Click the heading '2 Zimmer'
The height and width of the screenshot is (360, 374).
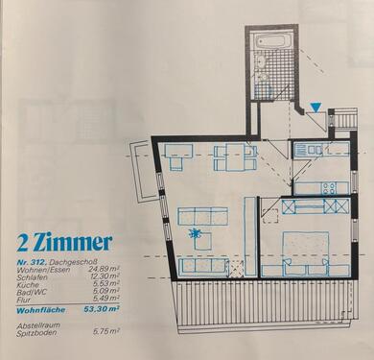click(64, 241)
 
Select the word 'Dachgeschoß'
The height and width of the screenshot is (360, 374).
click(75, 261)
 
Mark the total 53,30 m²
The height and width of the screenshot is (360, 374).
click(103, 310)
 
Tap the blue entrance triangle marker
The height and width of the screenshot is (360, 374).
click(316, 108)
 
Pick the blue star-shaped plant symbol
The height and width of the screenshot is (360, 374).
click(197, 234)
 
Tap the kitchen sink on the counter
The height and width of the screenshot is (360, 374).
click(313, 149)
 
